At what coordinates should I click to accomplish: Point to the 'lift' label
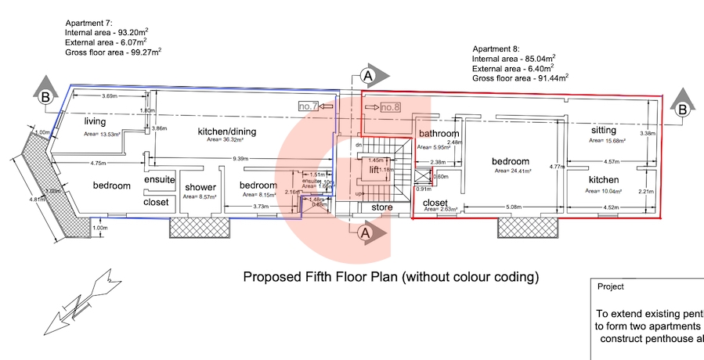pos(374,169)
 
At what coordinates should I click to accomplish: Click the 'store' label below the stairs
pos(381,207)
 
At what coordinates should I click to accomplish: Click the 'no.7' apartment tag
pos(308,106)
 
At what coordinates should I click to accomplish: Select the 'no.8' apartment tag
pos(391,106)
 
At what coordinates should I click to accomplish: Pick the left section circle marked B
pos(46,98)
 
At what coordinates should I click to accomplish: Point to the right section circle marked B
pos(682,110)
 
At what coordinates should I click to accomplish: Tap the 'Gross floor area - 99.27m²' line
pos(114,52)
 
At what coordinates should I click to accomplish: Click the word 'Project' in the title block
pos(611,287)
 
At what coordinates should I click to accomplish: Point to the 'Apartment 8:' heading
pos(496,48)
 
